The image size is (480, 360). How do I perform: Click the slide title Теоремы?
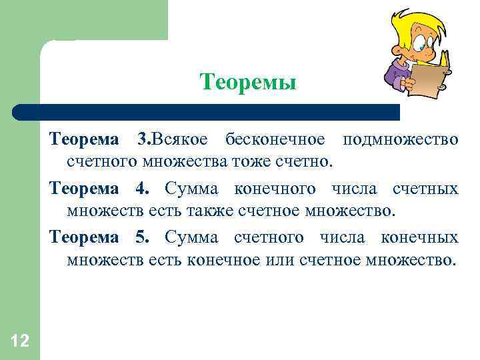pyautogui.click(x=247, y=83)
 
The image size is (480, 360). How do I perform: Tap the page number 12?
pyautogui.click(x=19, y=341)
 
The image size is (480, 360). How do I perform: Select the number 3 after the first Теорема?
pyautogui.click(x=141, y=140)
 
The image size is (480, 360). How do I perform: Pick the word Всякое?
pyautogui.click(x=181, y=140)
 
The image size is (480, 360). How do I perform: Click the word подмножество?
pyautogui.click(x=399, y=140)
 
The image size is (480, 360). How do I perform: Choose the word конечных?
pyautogui.click(x=419, y=237)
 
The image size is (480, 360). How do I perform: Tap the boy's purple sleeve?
pyautogui.click(x=393, y=74)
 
